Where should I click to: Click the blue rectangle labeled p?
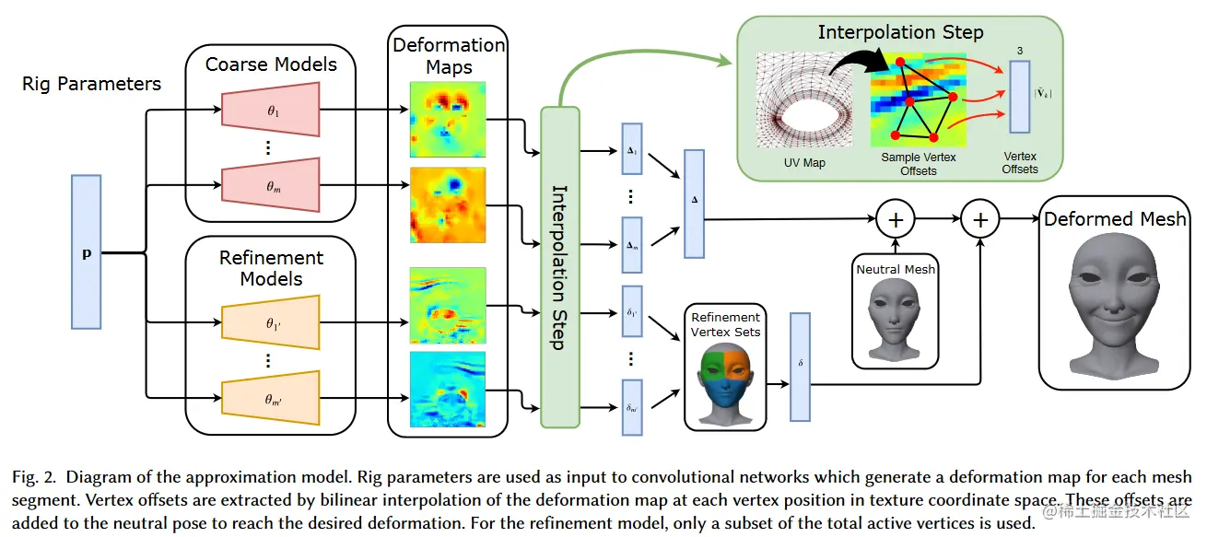(86, 252)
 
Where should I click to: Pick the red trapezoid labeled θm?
(270, 185)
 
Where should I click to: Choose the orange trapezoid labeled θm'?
(270, 397)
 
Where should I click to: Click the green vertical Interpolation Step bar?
(559, 267)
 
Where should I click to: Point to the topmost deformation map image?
(447, 120)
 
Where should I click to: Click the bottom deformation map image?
(447, 390)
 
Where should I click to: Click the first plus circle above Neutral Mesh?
(894, 219)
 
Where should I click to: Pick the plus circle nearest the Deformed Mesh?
(979, 219)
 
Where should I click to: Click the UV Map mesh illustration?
(797, 101)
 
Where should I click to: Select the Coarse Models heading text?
(271, 64)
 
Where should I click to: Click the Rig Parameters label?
(91, 84)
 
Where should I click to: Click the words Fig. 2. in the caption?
(34, 477)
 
